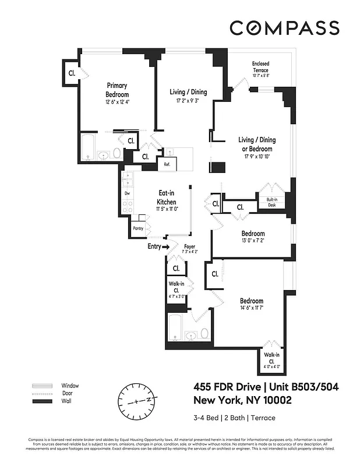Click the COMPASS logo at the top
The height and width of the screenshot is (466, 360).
click(x=284, y=27)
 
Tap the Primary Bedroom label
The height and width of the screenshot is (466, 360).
click(x=117, y=90)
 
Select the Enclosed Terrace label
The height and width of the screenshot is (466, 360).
click(x=260, y=66)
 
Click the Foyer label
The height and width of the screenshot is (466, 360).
click(x=189, y=246)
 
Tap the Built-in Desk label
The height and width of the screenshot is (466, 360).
click(x=272, y=202)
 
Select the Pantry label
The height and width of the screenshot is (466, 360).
click(x=138, y=229)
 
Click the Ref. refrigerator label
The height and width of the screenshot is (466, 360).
click(x=167, y=165)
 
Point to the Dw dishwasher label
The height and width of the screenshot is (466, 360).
click(x=127, y=193)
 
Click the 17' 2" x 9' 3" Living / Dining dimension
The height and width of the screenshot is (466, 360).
click(x=188, y=100)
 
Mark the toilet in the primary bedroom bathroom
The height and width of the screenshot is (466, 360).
click(x=117, y=154)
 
